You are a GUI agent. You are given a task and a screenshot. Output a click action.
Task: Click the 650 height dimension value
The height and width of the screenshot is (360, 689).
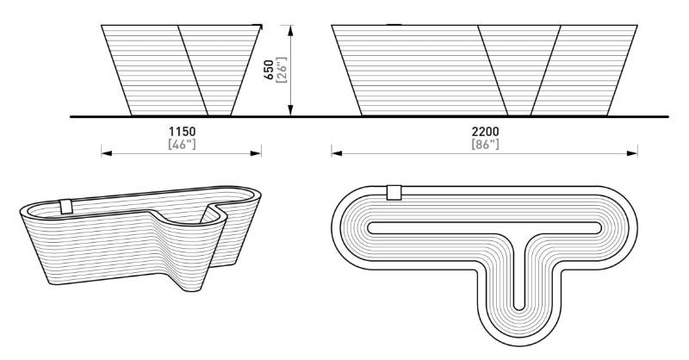[x=270, y=71]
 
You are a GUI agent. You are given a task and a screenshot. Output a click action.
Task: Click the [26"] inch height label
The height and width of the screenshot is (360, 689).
[x=281, y=71]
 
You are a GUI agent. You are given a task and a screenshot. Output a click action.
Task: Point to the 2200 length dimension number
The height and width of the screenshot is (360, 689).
[x=485, y=131]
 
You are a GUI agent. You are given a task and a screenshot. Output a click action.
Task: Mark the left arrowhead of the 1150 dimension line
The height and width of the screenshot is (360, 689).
[x=105, y=153]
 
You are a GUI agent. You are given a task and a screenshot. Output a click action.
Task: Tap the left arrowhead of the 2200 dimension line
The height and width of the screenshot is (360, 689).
[x=335, y=153]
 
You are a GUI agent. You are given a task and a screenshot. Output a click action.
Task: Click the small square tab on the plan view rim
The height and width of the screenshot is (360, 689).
[x=394, y=192]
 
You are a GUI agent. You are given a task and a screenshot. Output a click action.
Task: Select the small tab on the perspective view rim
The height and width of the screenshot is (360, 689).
[x=66, y=207]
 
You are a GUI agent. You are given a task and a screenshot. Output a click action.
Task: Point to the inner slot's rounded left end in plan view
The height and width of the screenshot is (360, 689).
[x=373, y=227]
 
